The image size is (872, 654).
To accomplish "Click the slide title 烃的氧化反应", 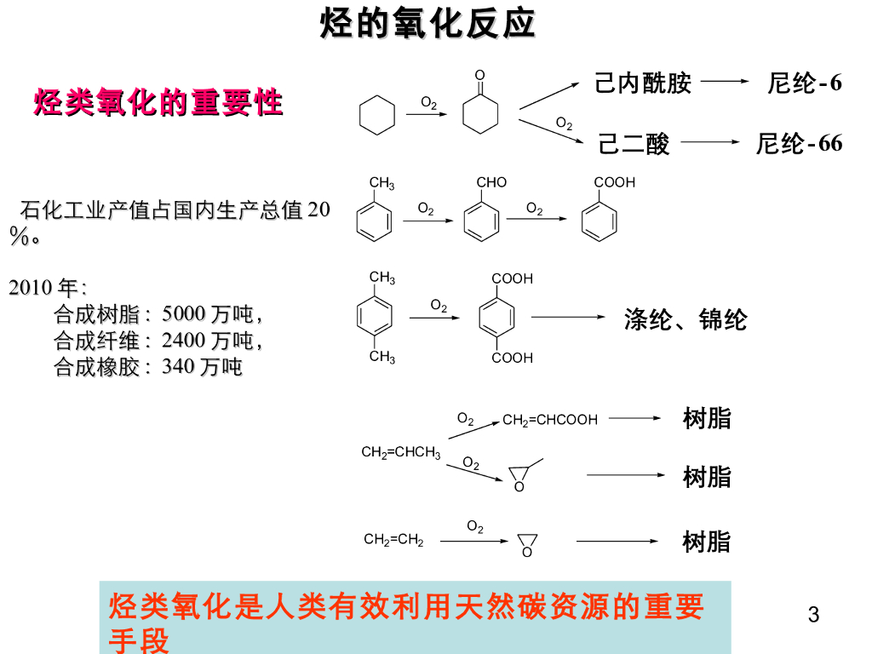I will (x=427, y=24).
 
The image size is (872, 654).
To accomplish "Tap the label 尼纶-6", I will (x=804, y=83).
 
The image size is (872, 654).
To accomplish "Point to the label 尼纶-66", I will (x=799, y=143).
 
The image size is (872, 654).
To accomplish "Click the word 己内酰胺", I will (x=643, y=83).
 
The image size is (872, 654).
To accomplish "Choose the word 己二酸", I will (x=634, y=144).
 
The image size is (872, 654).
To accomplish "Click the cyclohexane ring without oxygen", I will (x=377, y=115).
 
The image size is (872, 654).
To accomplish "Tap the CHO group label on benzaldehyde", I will (x=491, y=182).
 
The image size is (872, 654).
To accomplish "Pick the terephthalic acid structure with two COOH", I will (x=497, y=318).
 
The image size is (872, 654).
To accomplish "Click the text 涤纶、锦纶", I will (x=686, y=319).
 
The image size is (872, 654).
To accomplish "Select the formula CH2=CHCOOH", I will (x=550, y=420).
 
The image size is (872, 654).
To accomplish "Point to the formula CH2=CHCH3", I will (x=401, y=452).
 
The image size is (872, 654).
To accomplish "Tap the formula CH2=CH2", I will (x=393, y=539).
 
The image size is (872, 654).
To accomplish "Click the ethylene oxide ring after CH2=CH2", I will (x=527, y=544).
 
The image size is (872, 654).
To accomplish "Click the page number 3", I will (x=813, y=615).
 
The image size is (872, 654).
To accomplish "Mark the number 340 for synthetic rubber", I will (x=178, y=367).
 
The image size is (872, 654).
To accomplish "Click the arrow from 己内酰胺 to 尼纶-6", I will (x=723, y=82).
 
